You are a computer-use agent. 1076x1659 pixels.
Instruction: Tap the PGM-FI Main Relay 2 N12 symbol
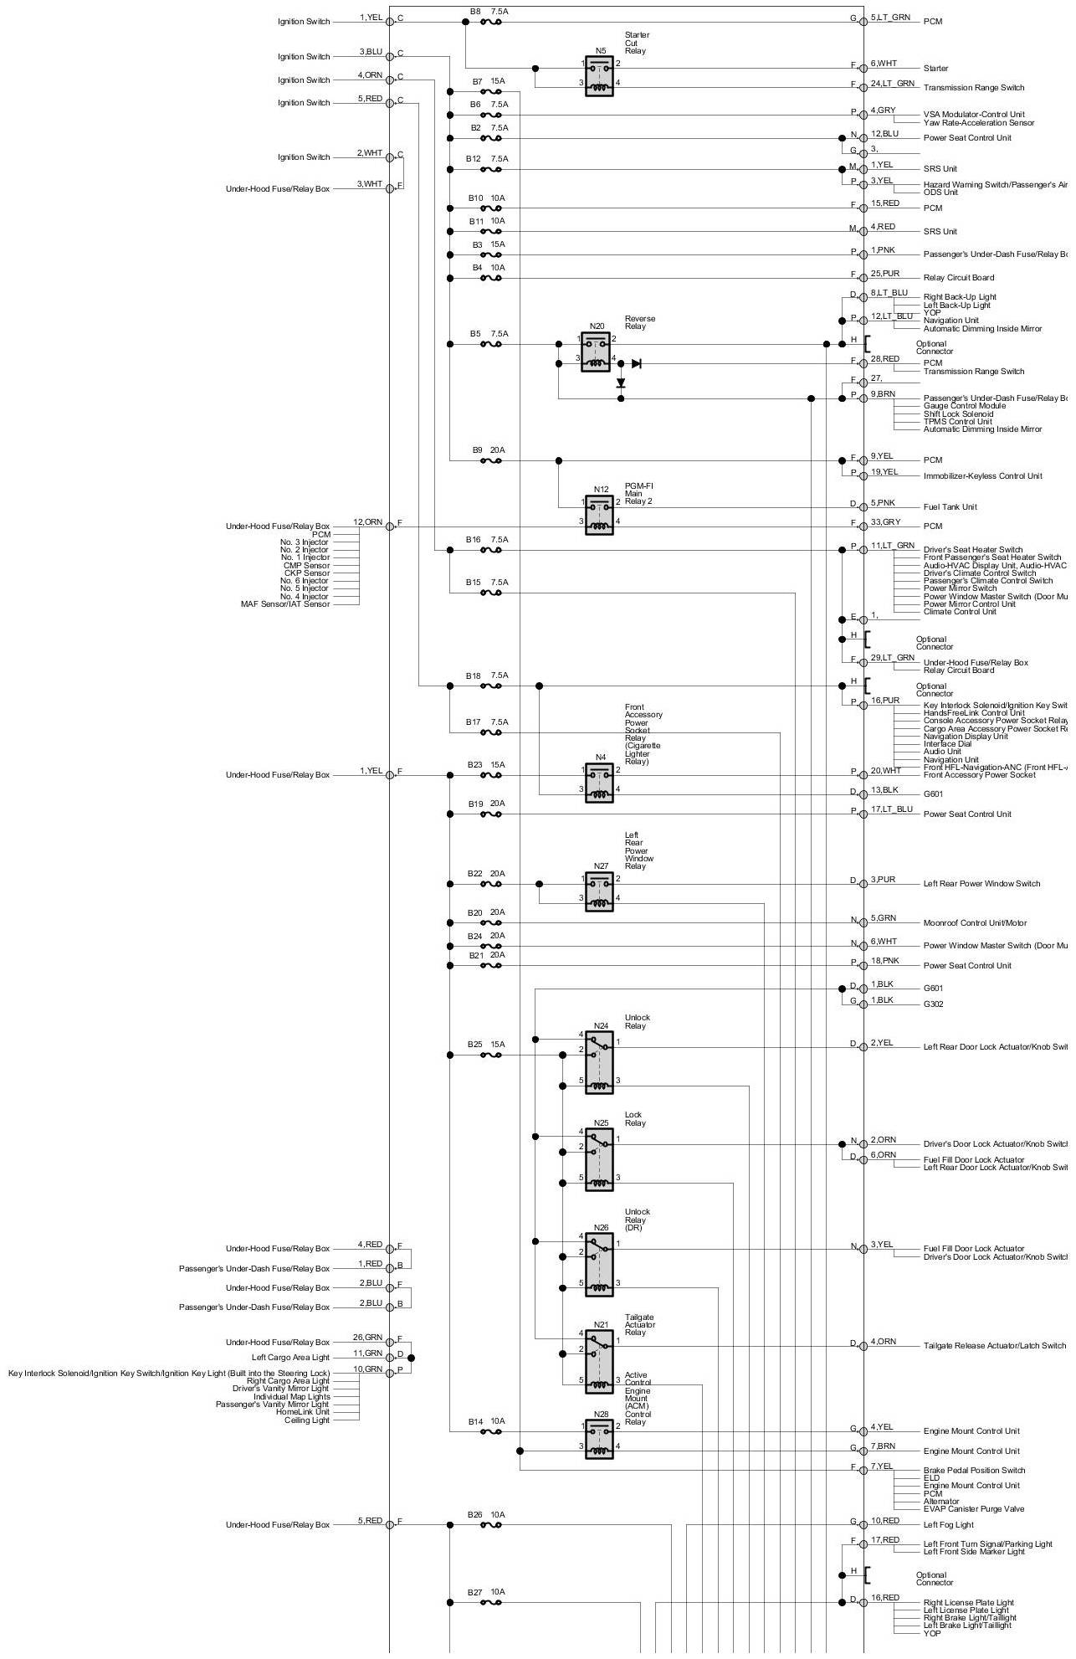tap(599, 515)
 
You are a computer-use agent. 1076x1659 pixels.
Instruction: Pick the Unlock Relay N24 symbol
tap(599, 1061)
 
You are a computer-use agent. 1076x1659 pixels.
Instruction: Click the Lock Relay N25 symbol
tap(599, 1159)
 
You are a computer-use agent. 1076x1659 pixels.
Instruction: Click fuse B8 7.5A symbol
tap(491, 22)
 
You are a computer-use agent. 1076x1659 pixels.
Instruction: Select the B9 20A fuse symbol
tap(491, 460)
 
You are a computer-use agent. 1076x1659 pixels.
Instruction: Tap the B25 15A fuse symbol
tap(491, 1055)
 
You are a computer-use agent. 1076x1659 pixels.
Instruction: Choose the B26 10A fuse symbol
tap(491, 1525)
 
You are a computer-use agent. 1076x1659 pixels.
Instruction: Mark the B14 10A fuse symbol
tap(491, 1431)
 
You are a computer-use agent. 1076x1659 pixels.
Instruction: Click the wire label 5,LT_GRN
tap(890, 18)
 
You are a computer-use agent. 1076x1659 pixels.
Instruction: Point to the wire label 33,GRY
tap(885, 522)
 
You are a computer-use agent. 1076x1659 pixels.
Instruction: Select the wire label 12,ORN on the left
tap(367, 522)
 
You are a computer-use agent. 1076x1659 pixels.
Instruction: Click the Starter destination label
tap(935, 69)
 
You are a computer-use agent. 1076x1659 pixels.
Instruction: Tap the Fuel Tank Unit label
tap(950, 507)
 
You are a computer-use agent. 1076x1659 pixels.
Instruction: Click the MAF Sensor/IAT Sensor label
tap(285, 604)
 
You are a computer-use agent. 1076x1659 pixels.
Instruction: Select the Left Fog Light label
tap(948, 1525)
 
